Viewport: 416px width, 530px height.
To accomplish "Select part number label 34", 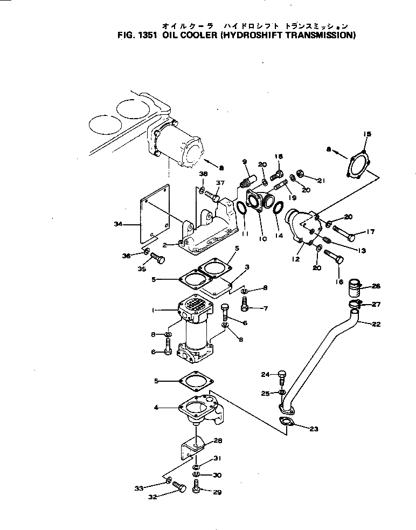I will [x=119, y=223].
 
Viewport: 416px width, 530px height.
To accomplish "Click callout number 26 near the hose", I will [x=376, y=286].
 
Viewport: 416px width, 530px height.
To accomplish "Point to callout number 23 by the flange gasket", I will [x=314, y=429].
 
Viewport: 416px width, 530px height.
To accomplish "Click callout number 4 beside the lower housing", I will [x=156, y=408].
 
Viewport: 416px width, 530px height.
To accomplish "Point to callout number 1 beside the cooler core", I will [x=154, y=311].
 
